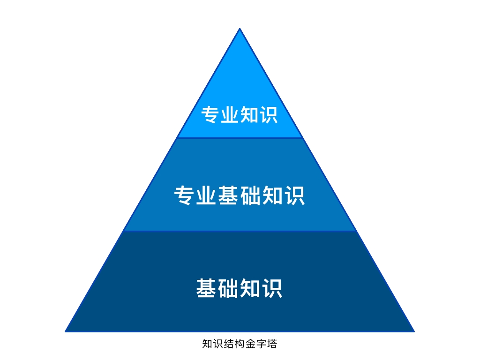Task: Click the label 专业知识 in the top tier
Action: pos(240,115)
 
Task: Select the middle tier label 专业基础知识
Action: pos(240,195)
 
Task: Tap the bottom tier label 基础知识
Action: pos(240,288)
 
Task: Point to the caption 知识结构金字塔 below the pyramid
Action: pos(240,344)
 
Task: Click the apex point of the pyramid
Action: pos(240,29)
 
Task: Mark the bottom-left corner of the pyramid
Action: pos(66,331)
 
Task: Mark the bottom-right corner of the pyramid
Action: pos(414,331)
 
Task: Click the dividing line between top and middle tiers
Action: pos(240,138)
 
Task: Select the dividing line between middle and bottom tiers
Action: pos(240,231)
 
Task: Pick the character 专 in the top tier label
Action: pos(210,115)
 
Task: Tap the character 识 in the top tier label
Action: pos(269,115)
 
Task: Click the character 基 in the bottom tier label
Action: pos(206,288)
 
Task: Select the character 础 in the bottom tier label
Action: pos(228,288)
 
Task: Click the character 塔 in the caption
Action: pos(272,344)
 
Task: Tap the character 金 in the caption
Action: pos(250,344)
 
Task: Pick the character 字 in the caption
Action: pos(261,344)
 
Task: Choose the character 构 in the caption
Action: pos(240,344)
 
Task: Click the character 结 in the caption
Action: pos(229,344)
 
